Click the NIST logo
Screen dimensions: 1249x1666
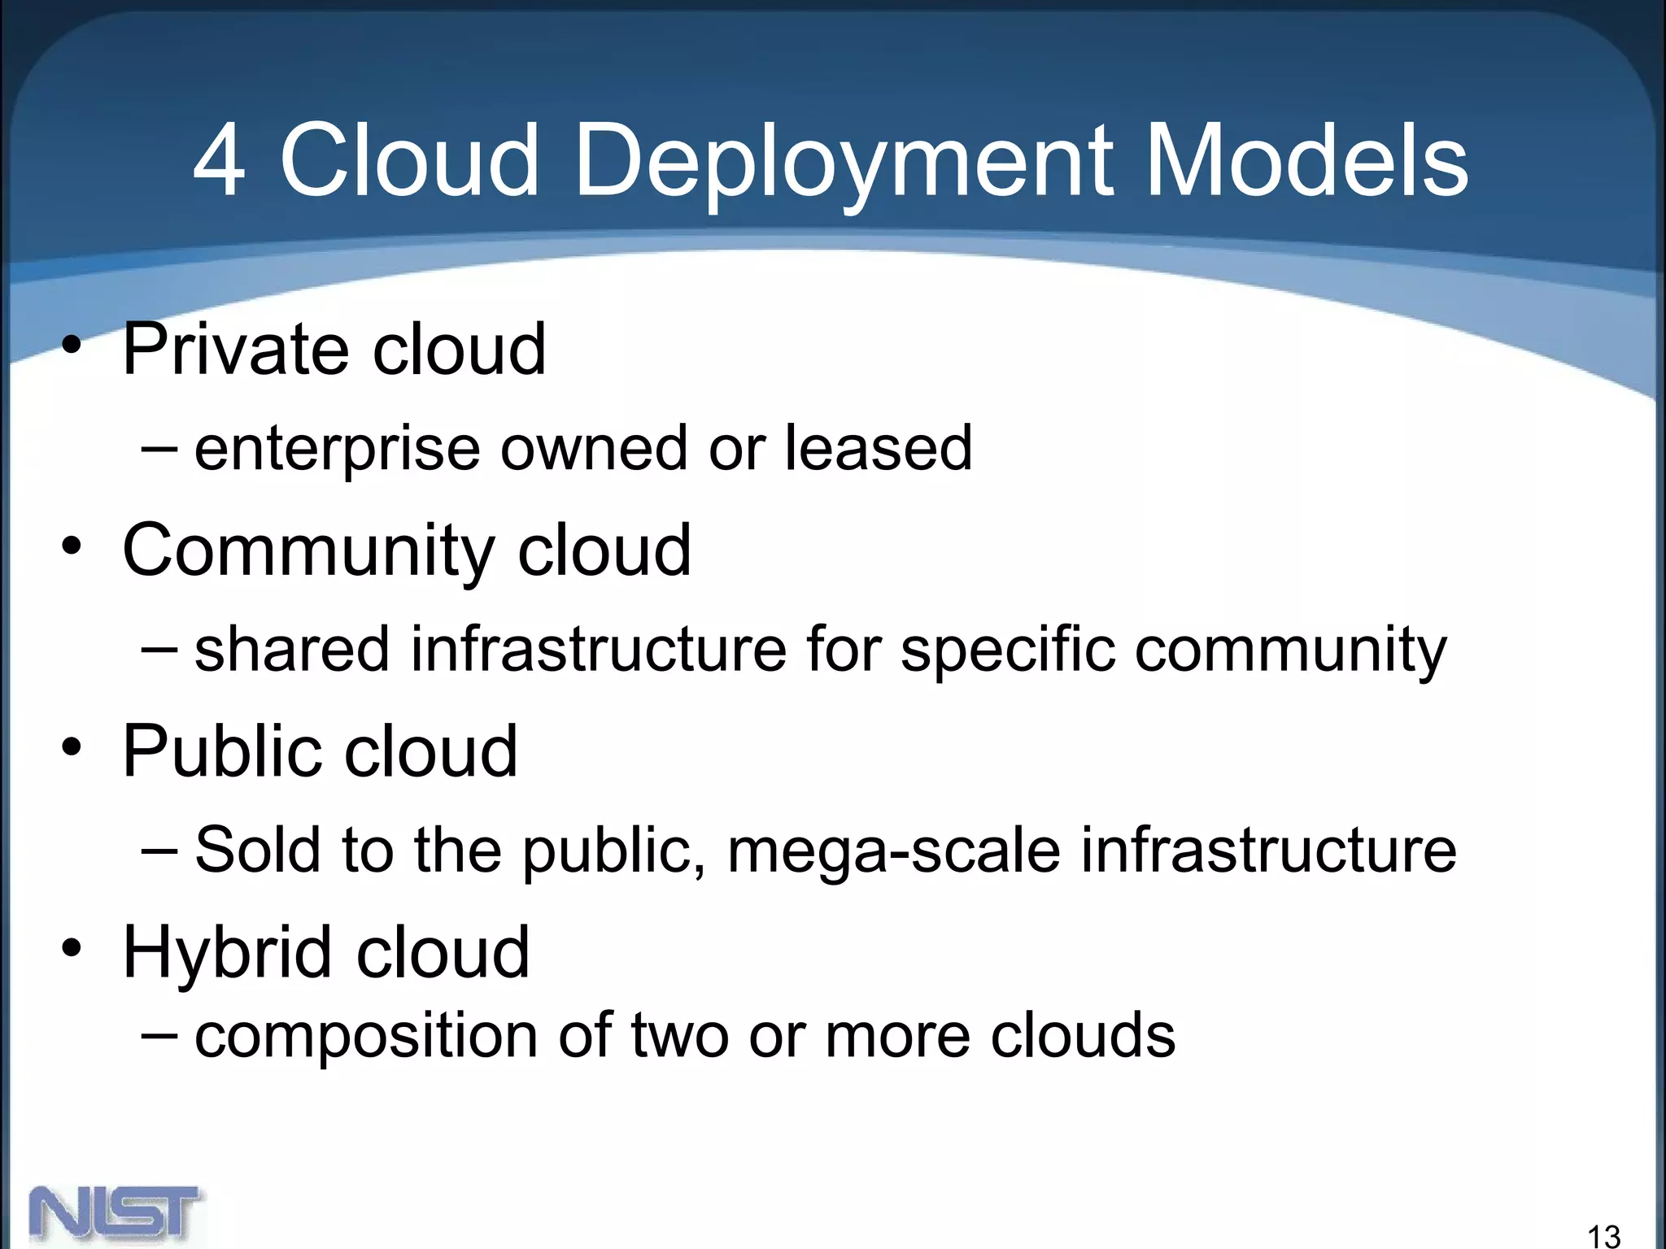[116, 1214]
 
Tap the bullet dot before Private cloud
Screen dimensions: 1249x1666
[72, 346]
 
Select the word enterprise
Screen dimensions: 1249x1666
[338, 450]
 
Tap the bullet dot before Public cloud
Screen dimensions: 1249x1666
[72, 747]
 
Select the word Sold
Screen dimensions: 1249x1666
[258, 850]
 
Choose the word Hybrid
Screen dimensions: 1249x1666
[227, 954]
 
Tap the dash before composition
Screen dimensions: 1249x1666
[159, 1034]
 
